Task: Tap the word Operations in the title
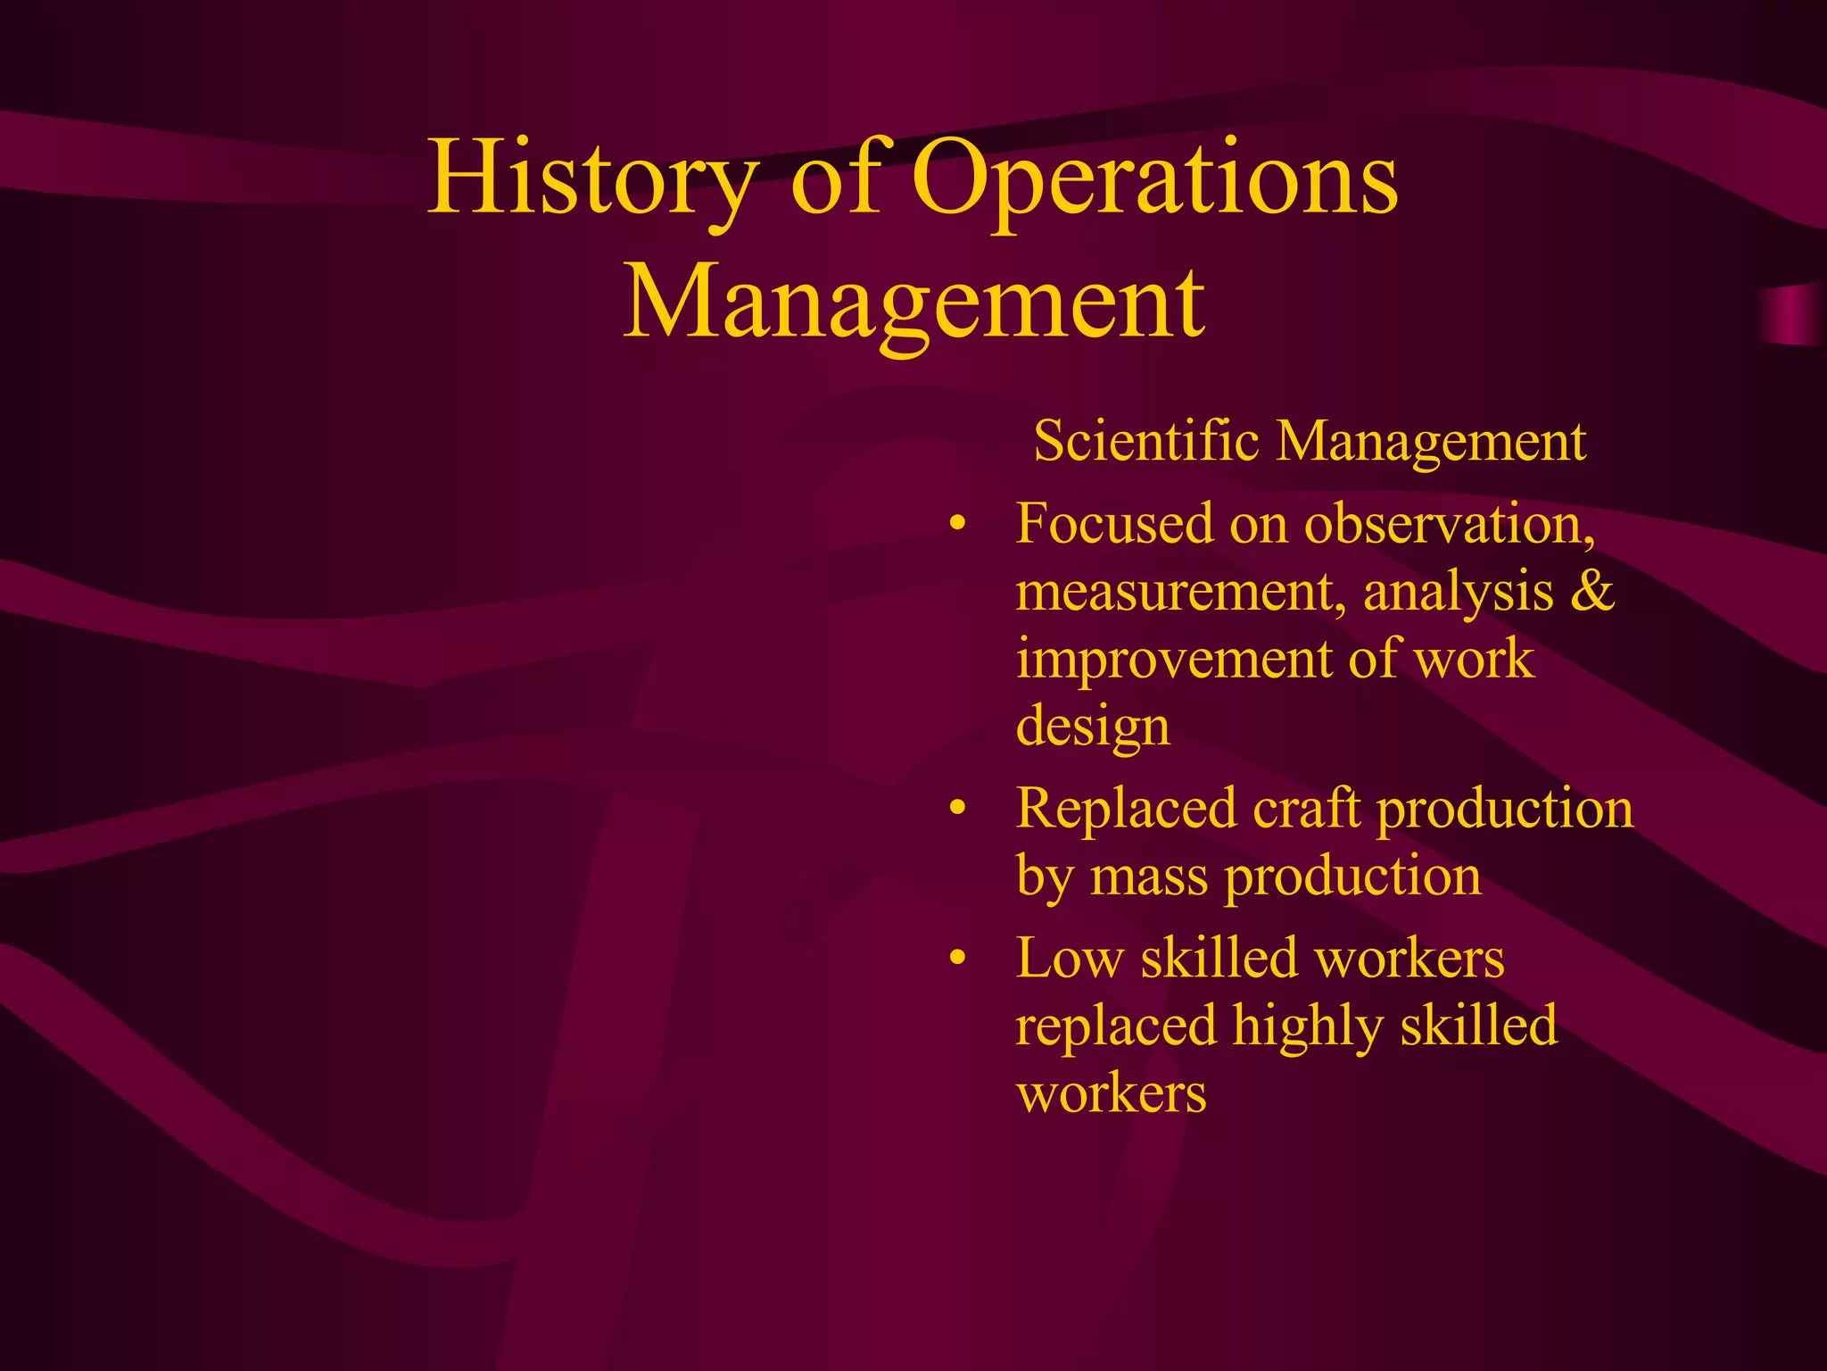click(1155, 179)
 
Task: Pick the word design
click(1093, 727)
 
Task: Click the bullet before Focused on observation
click(958, 525)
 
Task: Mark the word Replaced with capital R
click(1126, 809)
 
